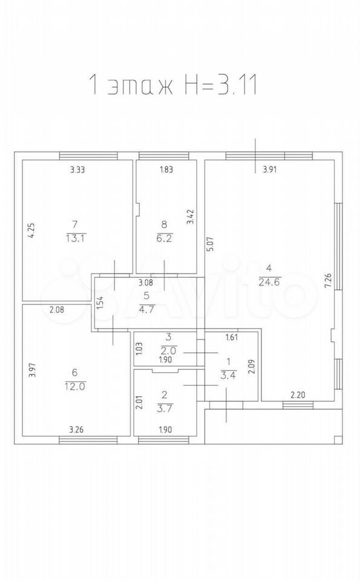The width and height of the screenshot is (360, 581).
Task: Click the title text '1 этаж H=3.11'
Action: (x=173, y=85)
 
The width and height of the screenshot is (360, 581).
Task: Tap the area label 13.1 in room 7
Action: (x=76, y=238)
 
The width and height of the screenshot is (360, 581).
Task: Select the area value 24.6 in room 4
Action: (x=270, y=281)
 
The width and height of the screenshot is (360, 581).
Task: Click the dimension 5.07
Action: (x=210, y=245)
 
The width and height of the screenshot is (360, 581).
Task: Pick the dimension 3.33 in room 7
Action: (x=78, y=170)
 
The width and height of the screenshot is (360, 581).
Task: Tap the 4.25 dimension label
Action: (x=32, y=231)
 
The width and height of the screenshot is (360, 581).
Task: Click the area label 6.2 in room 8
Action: (x=165, y=238)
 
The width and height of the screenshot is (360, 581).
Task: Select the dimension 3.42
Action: (x=191, y=217)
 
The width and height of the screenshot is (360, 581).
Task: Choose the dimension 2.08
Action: (x=56, y=310)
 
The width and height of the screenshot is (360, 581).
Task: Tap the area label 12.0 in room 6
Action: (x=76, y=386)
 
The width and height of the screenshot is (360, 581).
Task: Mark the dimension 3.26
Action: (x=76, y=430)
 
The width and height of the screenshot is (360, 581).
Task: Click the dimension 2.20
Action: (x=298, y=395)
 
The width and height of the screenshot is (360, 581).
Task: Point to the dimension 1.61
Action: (x=232, y=337)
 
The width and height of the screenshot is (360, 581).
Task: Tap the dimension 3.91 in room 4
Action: (x=270, y=170)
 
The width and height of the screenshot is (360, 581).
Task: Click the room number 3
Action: (x=169, y=337)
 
